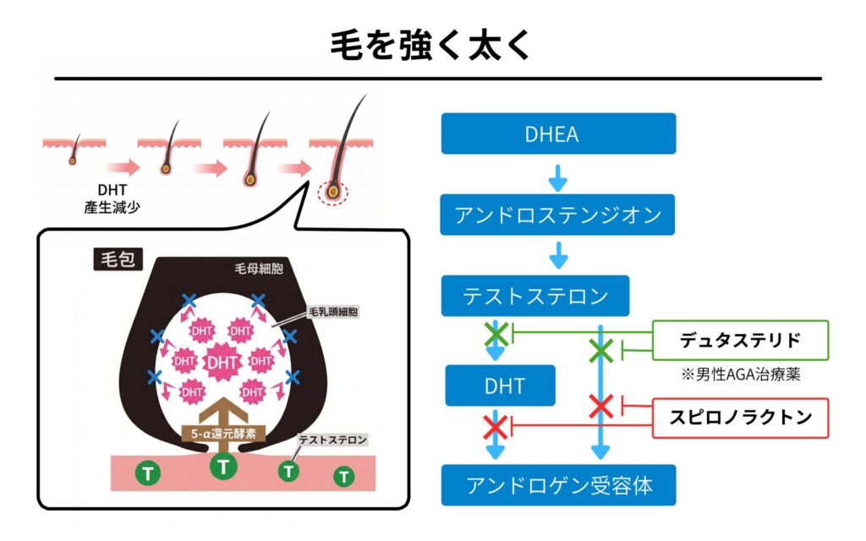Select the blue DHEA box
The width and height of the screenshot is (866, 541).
[x=557, y=134]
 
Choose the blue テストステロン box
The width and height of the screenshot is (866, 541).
[x=535, y=296]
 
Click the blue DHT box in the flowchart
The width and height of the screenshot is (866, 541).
[x=501, y=385]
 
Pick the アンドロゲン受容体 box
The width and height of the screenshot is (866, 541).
[x=557, y=485]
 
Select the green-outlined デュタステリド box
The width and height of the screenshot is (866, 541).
[x=740, y=341]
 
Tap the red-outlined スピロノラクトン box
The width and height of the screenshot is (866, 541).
[x=740, y=417]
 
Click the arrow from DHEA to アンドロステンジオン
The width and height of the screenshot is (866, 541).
[x=557, y=176]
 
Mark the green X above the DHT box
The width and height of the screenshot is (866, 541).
[x=496, y=333]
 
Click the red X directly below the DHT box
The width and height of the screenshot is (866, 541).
[x=495, y=427]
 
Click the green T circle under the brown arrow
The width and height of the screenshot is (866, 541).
[x=223, y=465]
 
